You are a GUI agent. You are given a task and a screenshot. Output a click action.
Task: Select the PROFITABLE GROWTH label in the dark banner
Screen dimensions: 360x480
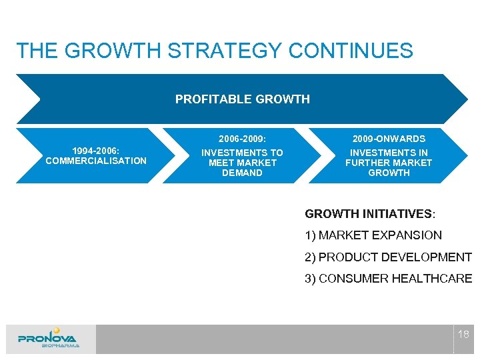coord(242,99)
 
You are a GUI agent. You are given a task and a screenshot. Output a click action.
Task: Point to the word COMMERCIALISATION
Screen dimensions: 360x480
coord(96,161)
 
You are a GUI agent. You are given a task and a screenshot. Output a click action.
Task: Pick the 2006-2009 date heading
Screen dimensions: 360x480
coord(242,139)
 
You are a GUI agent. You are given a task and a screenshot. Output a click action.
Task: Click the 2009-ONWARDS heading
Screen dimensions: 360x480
coord(389,139)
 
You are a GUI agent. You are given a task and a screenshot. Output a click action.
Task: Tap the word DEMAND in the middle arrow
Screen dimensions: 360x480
coord(242,173)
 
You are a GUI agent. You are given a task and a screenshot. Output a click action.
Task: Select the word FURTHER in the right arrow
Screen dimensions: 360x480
coord(367,163)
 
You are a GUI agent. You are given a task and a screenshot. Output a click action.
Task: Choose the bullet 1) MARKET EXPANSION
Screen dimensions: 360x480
coord(373,235)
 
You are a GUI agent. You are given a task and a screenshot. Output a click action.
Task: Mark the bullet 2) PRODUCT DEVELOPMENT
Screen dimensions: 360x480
coord(388,257)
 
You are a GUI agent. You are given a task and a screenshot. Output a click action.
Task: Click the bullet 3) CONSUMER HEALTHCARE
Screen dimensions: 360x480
coord(388,279)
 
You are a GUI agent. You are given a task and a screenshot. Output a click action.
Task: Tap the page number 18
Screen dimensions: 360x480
coord(463,334)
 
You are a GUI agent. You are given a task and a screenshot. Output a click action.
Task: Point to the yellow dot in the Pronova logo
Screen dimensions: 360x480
coord(57,330)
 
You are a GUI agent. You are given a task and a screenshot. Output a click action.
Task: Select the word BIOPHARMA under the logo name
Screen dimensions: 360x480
coord(60,346)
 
